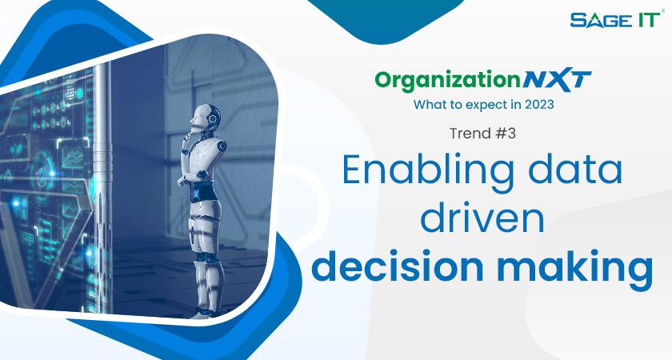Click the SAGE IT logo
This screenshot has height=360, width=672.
[615, 19]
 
